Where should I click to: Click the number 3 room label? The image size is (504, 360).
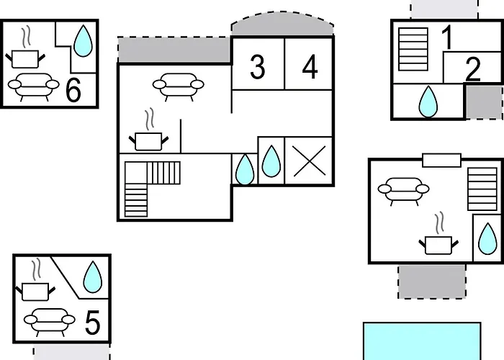[258, 67]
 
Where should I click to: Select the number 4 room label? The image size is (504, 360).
[310, 67]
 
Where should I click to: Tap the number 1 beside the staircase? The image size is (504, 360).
[447, 37]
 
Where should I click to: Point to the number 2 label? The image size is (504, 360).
[473, 69]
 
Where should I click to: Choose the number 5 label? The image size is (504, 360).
[93, 323]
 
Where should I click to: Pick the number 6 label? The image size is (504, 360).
[73, 90]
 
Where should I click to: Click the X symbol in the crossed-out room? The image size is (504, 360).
[309, 161]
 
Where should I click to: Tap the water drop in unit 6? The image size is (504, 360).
[83, 41]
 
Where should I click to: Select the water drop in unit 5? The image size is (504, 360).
[93, 276]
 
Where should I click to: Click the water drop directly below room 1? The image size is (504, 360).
[428, 102]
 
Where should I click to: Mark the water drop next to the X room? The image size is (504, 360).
[271, 161]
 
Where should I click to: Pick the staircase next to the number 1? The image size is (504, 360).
[413, 49]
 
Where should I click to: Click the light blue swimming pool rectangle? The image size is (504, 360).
[422, 341]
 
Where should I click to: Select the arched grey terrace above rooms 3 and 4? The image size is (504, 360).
[282, 24]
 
